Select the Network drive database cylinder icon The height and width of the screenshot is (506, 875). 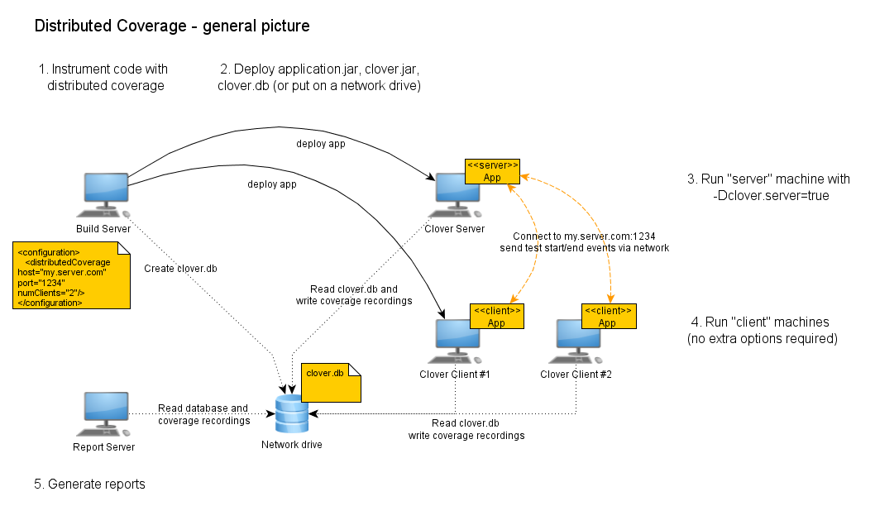290,414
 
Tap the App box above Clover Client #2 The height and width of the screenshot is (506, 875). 607,317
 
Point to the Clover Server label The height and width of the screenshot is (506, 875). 455,228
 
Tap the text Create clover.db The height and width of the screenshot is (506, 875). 180,268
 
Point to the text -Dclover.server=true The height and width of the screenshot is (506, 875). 770,196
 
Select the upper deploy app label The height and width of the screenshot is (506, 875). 321,144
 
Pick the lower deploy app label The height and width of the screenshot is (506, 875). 272,184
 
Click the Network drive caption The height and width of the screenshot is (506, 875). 291,444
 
